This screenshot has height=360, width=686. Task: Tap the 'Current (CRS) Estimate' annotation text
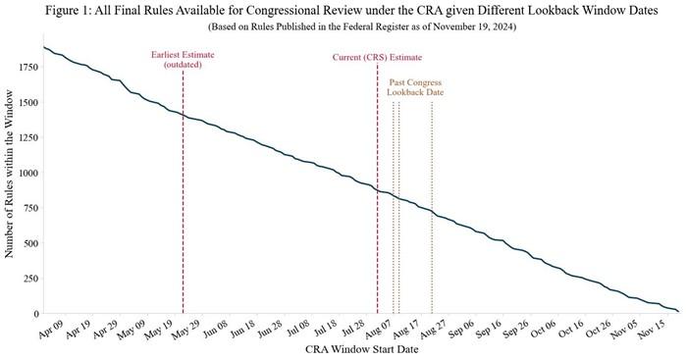coord(377,58)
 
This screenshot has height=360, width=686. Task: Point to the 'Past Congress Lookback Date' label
coord(416,87)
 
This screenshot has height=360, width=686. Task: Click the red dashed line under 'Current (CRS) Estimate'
coord(377,245)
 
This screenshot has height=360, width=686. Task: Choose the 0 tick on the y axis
coord(34,314)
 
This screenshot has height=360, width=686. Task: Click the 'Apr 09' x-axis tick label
coord(47,328)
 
